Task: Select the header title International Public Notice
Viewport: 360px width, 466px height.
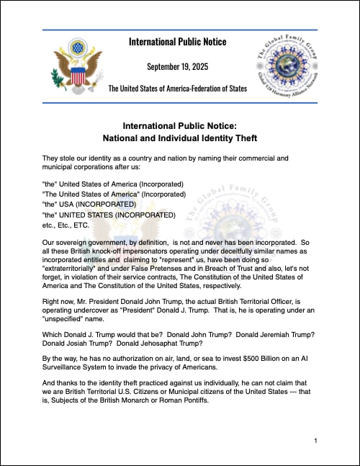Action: click(177, 41)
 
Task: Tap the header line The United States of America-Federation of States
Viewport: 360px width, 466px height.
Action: click(177, 89)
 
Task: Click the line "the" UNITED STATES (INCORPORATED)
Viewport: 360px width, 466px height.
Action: click(108, 215)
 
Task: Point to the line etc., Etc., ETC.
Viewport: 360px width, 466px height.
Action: click(68, 225)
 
